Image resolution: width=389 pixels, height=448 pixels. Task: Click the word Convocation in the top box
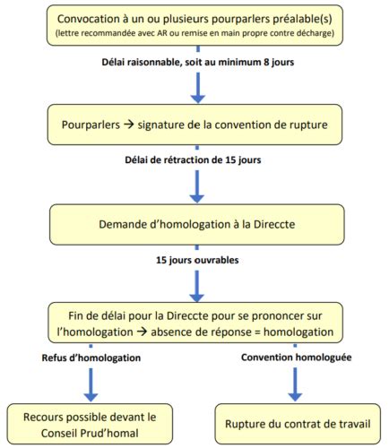coord(95,19)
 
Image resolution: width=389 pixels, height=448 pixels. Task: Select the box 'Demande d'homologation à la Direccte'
coord(195,223)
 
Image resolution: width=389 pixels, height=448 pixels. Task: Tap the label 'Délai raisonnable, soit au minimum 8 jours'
coord(195,64)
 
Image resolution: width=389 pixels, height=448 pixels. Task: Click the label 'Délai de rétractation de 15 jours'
coord(195,160)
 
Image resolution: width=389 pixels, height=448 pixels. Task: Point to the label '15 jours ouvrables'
coord(195,262)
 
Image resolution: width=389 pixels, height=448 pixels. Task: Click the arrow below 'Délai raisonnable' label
coord(195,87)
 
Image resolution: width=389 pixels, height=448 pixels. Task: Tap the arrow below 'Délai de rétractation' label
coord(195,184)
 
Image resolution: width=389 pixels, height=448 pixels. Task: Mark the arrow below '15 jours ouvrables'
coord(195,285)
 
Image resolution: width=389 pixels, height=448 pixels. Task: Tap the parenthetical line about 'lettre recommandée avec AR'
coord(195,34)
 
